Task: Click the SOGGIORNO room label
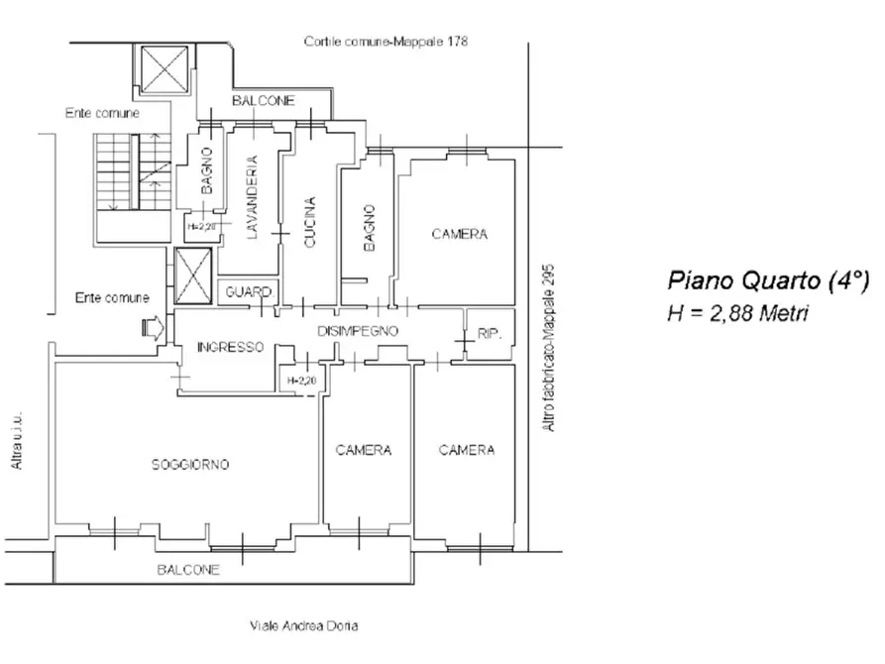[x=190, y=465]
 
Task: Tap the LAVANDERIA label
[x=252, y=197]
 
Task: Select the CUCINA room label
[x=310, y=222]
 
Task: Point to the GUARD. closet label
[x=250, y=292]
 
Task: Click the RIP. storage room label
[x=490, y=334]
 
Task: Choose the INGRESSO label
[x=230, y=347]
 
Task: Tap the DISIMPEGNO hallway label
[x=358, y=331]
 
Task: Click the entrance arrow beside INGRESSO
[x=153, y=328]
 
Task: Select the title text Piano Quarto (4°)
[x=768, y=280]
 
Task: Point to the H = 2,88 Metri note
[x=737, y=313]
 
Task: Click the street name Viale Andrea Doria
[x=303, y=625]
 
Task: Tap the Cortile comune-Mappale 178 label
[x=386, y=42]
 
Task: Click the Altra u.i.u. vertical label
[x=17, y=440]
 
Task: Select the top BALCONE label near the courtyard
[x=263, y=100]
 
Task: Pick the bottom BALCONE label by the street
[x=188, y=570]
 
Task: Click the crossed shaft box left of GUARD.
[x=193, y=276]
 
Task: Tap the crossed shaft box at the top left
[x=165, y=69]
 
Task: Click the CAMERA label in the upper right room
[x=460, y=234]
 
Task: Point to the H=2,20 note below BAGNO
[x=201, y=227]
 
